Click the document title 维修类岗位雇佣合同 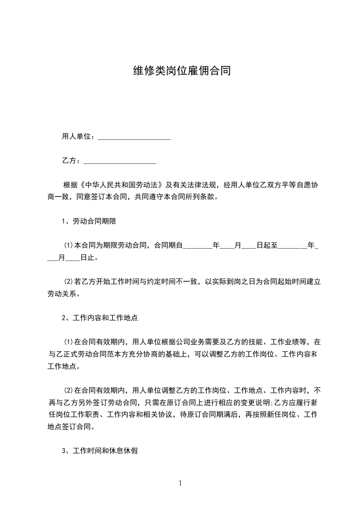coord(180,71)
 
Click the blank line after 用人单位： coord(134,137)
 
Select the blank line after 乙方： coord(120,161)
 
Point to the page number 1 coord(180,483)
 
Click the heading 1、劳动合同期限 coord(90,221)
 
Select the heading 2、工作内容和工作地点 coord(99,318)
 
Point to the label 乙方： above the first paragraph coord(71,161)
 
